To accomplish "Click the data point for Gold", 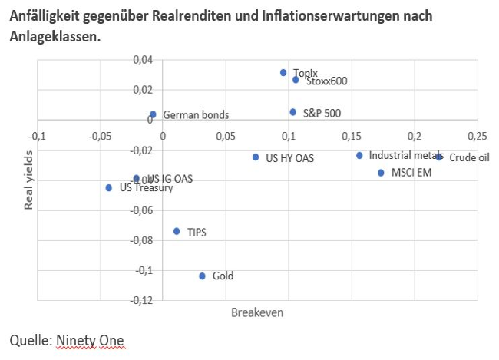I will coord(203,276).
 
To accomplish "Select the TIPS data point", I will coord(177,231).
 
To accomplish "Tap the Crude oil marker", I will coord(439,157).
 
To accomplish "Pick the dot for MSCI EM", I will coord(381,173).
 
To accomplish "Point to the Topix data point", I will coord(283,73).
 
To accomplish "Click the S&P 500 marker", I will coord(292,112).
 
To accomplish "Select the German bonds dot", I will coord(153,114).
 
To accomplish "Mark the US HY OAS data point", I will coord(256,157).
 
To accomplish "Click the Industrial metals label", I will coord(405,155).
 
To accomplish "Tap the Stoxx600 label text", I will coord(326,81).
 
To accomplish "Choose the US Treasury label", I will coord(146,187).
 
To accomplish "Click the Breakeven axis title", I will coord(257,313).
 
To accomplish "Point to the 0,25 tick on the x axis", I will coord(477,136).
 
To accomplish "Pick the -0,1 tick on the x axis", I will coord(37,136).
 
